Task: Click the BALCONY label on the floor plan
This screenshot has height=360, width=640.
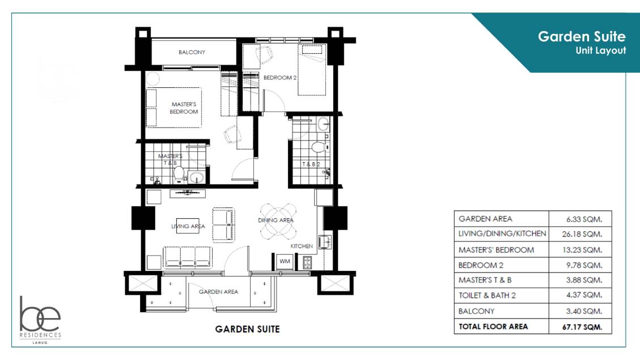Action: click(x=192, y=52)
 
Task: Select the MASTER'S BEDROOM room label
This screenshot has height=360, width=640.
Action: click(x=184, y=108)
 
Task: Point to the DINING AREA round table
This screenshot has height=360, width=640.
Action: click(x=277, y=221)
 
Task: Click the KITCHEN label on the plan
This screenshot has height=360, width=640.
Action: click(x=302, y=247)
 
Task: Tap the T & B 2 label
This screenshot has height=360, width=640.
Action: click(x=310, y=164)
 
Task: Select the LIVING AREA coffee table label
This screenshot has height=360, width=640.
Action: click(x=188, y=226)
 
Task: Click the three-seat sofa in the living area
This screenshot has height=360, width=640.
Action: click(x=187, y=256)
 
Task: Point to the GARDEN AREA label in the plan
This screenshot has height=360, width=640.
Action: click(x=218, y=291)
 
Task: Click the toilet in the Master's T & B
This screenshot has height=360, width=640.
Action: click(x=179, y=175)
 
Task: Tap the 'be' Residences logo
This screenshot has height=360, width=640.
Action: click(x=40, y=318)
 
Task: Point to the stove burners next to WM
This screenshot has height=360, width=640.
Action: click(x=307, y=262)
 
